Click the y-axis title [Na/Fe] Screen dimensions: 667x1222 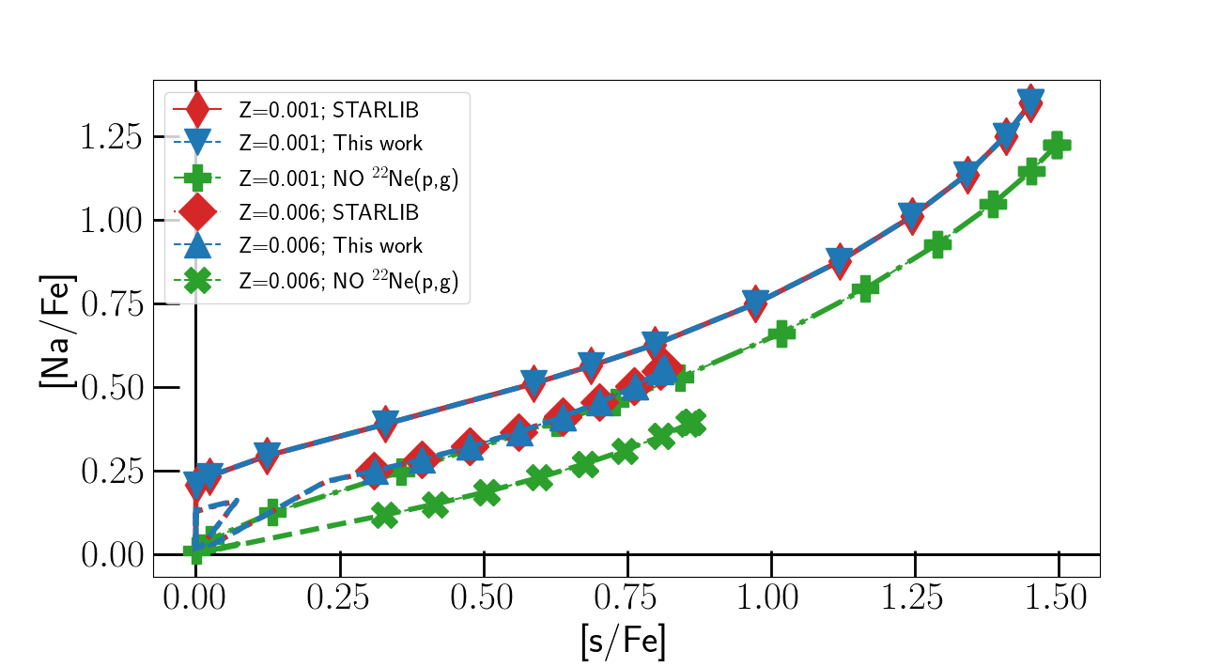click(x=57, y=330)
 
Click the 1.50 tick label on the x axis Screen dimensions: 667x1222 click(x=1058, y=598)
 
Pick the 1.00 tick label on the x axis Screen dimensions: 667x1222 click(x=770, y=598)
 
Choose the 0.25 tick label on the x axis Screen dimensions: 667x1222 click(x=339, y=598)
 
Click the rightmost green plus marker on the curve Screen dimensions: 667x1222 click(x=1057, y=146)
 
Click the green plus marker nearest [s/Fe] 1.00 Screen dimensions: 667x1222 click(x=781, y=333)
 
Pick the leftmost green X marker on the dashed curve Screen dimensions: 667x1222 click(x=385, y=515)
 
